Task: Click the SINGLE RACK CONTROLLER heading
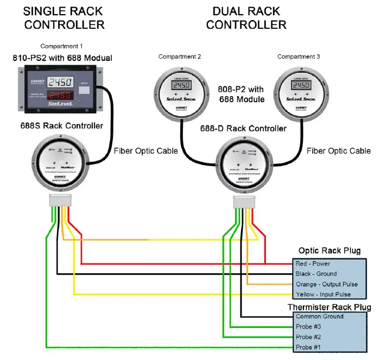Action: coord(65,17)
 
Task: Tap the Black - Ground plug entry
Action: coord(316,274)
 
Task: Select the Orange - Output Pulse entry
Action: coord(326,284)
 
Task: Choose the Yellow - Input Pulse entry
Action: coord(324,294)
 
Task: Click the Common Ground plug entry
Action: coord(319,316)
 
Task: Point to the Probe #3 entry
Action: coord(309,326)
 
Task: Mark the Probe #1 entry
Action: coord(309,347)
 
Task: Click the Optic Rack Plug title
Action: coord(329,250)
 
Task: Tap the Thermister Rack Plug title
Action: coord(329,307)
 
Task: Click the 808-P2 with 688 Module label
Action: coord(242,94)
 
